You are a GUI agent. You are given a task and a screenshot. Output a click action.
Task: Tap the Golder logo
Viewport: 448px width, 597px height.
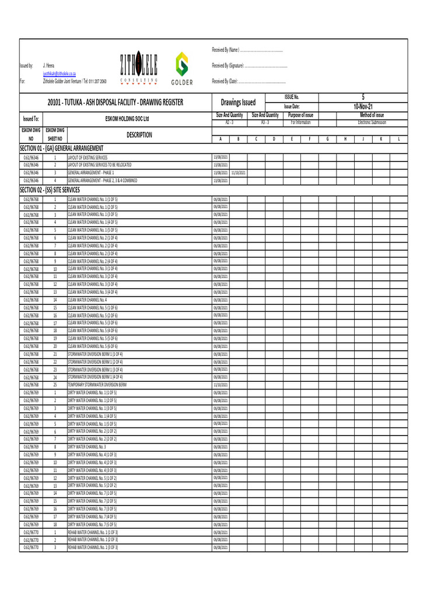click(x=182, y=68)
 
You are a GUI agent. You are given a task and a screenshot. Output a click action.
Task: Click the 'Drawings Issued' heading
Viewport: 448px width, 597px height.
click(x=238, y=103)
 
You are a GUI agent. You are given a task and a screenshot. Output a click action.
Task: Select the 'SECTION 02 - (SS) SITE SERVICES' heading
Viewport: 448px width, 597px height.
click(x=50, y=190)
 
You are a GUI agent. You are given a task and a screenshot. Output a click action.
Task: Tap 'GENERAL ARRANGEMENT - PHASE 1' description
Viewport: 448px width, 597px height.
click(x=91, y=173)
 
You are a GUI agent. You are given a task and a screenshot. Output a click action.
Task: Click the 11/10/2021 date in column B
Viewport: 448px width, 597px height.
click(x=238, y=173)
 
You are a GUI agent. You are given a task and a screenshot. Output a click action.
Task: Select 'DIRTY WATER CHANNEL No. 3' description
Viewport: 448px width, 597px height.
click(x=87, y=447)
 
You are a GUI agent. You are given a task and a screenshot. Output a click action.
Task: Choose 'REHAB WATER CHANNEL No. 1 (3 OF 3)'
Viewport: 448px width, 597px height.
click(x=93, y=547)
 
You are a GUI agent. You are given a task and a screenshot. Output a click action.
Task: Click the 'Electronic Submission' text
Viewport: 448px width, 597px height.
click(x=371, y=122)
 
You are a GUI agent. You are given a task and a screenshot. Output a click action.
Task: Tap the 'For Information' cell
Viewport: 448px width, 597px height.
click(x=300, y=122)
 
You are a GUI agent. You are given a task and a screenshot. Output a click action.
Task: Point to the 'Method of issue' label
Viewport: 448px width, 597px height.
click(x=371, y=115)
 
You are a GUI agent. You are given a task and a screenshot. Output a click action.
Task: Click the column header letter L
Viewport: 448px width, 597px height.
click(x=398, y=139)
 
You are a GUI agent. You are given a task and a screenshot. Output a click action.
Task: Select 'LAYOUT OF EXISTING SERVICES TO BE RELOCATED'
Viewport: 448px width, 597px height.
click(x=100, y=165)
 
